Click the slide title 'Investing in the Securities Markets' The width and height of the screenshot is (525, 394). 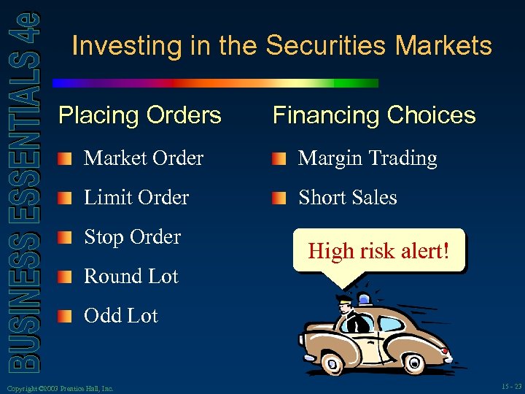coord(282,46)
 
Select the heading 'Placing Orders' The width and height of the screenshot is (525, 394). coord(139,115)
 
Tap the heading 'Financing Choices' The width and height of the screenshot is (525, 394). coord(373,115)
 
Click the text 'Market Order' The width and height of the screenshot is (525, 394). coord(143,158)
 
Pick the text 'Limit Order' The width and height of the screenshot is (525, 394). coord(136,198)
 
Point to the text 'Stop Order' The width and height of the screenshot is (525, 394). coord(132,237)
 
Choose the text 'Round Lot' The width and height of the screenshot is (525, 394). coord(131,277)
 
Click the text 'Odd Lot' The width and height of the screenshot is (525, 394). coord(120,316)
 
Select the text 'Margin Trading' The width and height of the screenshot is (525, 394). coord(367,158)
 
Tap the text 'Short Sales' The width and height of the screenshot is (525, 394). coord(347,198)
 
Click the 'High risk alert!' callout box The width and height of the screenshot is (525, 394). coord(378,252)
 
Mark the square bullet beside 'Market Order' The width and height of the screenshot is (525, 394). coord(66,159)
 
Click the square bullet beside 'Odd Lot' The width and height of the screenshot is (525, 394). coord(66,317)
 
